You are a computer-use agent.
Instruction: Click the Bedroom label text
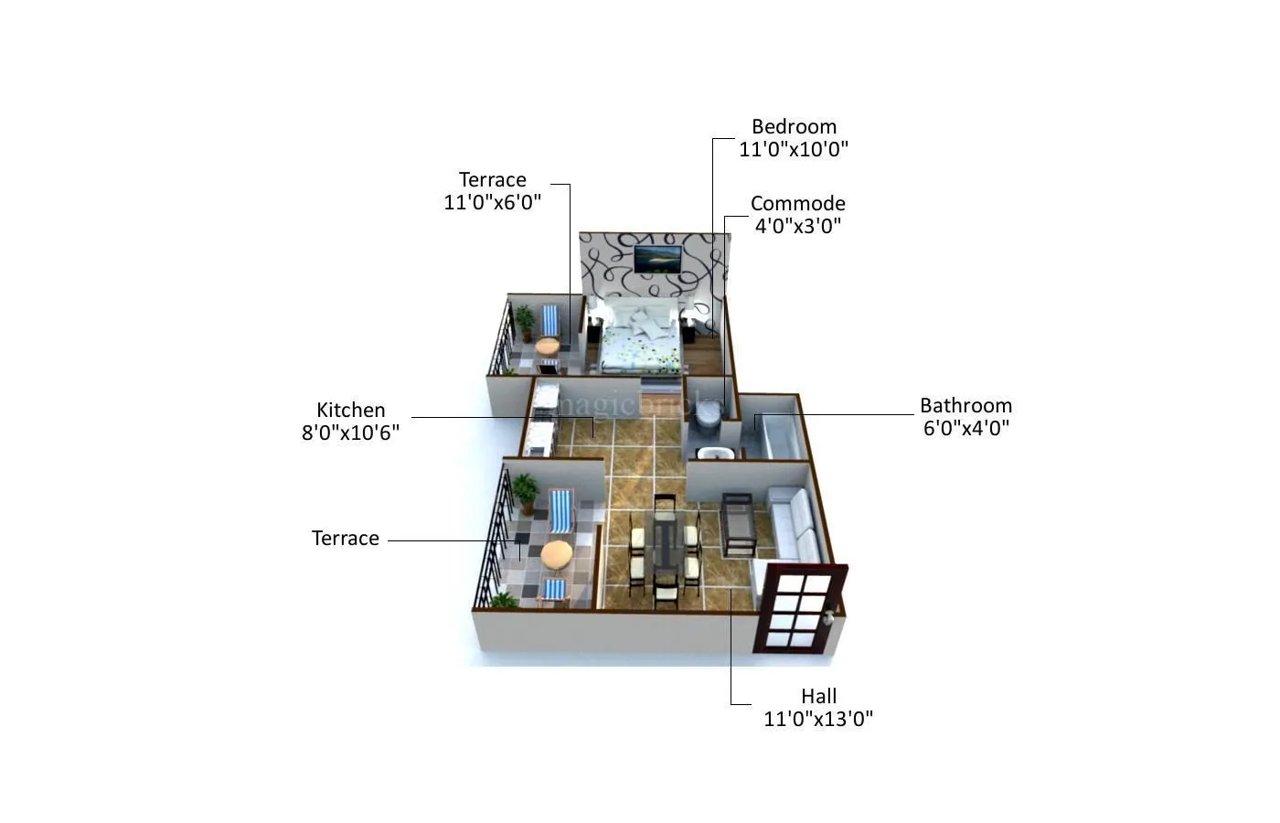[x=794, y=127]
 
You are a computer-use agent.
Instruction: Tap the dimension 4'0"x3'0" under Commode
[x=797, y=226]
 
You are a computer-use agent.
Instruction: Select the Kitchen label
[x=350, y=411]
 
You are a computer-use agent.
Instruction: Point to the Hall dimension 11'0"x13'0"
[x=818, y=719]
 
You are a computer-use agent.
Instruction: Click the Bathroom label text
[x=965, y=406]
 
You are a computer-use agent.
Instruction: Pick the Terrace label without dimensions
[x=345, y=539]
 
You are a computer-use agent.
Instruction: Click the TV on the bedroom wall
[x=658, y=258]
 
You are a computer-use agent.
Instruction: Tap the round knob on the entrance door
[x=829, y=618]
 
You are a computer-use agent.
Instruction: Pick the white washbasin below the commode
[x=710, y=453]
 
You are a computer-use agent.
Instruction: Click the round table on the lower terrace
[x=556, y=554]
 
